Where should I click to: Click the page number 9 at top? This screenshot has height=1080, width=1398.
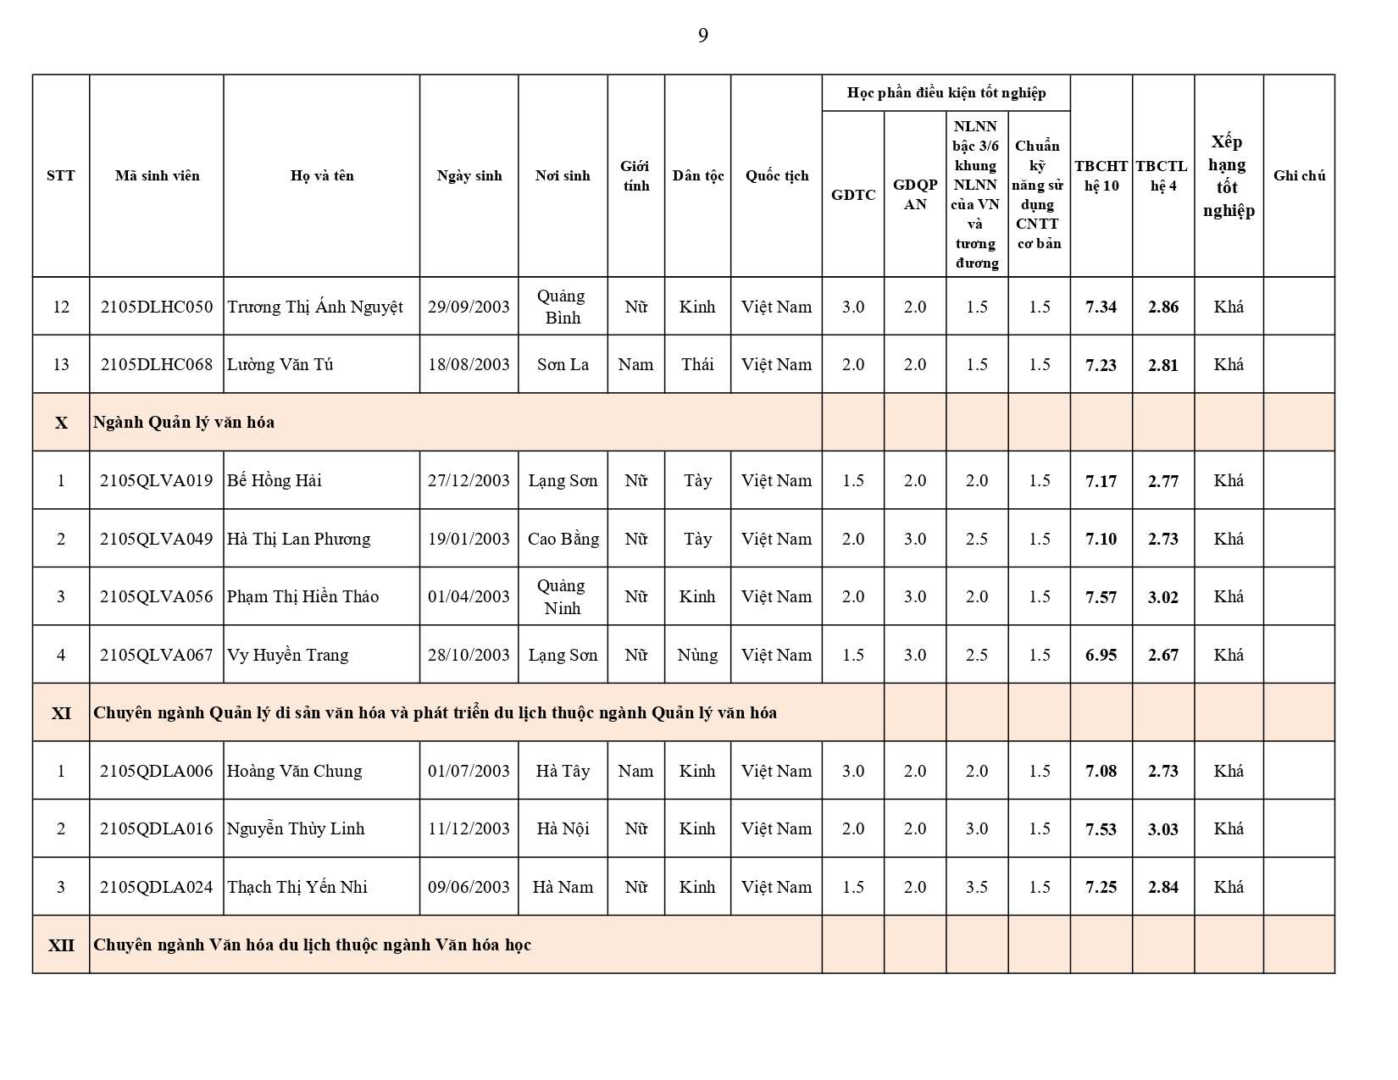coord(702,36)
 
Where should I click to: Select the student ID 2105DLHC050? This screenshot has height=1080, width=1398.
coord(157,307)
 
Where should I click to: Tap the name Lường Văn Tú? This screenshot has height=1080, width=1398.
coord(280,364)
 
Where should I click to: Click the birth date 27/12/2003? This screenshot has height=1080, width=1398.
coord(469,480)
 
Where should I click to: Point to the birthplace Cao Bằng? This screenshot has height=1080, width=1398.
coord(563,539)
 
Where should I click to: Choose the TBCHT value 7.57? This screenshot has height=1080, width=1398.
coord(1101,597)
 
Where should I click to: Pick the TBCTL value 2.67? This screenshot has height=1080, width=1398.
coord(1162,655)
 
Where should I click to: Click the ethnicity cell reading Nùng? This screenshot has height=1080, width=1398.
coord(697,655)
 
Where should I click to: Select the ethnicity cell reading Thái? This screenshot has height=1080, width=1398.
coord(697,364)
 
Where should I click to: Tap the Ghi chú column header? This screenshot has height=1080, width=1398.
coord(1299,175)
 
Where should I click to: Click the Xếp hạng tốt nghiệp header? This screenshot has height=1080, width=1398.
coord(1228,175)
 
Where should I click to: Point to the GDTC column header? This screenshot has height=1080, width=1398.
coord(852,194)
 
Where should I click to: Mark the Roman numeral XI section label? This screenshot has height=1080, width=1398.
coord(61,713)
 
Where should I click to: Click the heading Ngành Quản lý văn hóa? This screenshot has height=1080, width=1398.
coord(184,422)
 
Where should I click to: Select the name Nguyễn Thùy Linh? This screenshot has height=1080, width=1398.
coord(296,828)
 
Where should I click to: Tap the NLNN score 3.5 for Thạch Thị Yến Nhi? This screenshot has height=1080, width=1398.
coord(976,887)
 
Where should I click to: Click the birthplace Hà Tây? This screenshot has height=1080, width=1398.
coord(563,771)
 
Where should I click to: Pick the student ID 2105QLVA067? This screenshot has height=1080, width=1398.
coord(157,655)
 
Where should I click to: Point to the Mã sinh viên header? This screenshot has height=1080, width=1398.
coord(157,175)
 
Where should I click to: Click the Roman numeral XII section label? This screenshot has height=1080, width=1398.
coord(61,945)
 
